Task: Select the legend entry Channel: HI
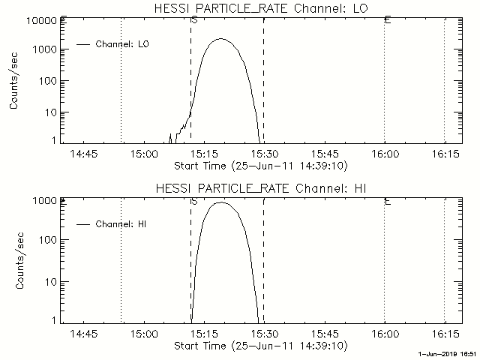[x=119, y=223]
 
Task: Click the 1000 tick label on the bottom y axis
[x=46, y=201]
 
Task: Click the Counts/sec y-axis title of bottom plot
[x=14, y=260]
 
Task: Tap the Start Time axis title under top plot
[x=259, y=165]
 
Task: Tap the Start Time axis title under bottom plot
[x=259, y=346]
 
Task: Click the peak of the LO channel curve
[x=220, y=39]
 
